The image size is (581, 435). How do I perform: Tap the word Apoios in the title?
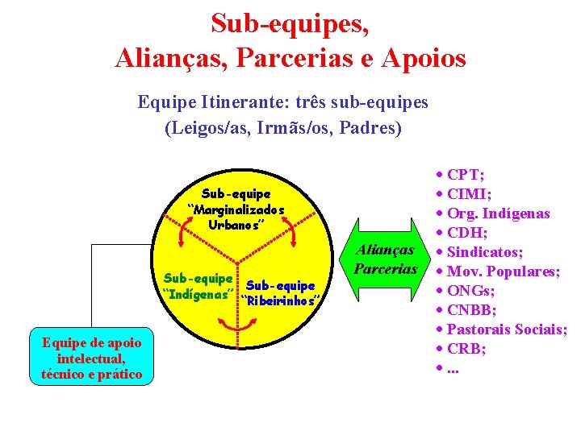click(x=427, y=58)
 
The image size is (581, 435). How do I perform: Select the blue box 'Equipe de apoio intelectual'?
click(x=91, y=358)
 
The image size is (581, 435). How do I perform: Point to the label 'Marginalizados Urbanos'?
click(x=236, y=209)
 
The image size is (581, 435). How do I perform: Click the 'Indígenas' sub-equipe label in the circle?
click(x=199, y=284)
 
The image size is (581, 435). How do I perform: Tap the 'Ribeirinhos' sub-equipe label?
click(x=280, y=293)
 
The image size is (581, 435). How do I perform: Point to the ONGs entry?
click(x=470, y=291)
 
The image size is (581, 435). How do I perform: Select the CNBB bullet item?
click(x=472, y=310)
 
